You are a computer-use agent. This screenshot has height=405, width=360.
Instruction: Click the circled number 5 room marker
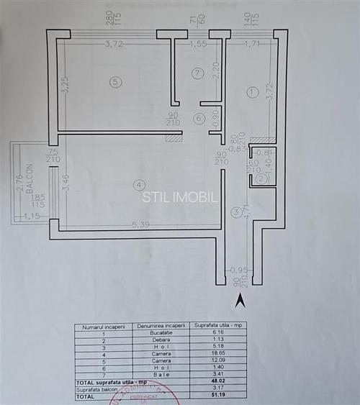point(116,82)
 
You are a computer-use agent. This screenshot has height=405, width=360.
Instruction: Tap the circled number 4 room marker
point(138,186)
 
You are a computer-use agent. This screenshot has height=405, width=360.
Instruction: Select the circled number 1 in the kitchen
point(252,92)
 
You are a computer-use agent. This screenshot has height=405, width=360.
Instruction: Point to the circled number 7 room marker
point(197,73)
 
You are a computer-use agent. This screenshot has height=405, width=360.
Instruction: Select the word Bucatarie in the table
point(160,332)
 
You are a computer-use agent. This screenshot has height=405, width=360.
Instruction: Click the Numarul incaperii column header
point(104,326)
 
